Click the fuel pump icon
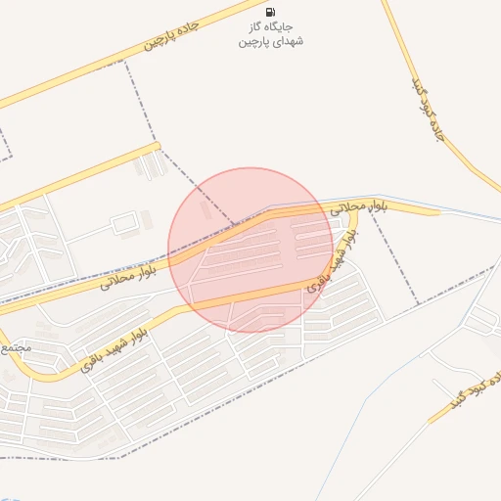point(271,12)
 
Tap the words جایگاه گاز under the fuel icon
point(271,28)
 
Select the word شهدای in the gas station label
point(286,43)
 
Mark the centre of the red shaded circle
point(250,250)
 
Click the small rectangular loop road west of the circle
point(124,225)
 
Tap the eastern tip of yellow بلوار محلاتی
point(436,211)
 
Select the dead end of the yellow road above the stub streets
point(157,147)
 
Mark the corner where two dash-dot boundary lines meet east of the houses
point(418,304)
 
